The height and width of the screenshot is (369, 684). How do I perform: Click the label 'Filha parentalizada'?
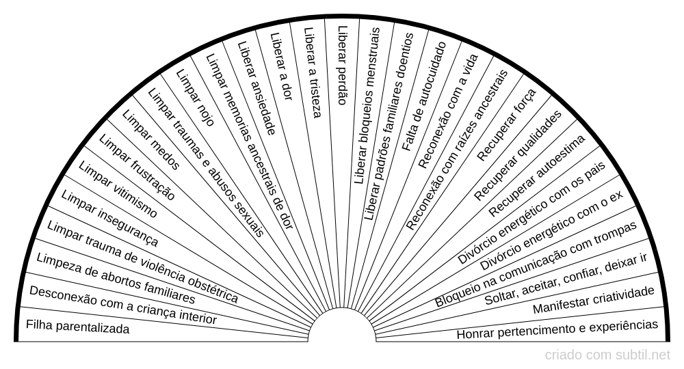[77, 328]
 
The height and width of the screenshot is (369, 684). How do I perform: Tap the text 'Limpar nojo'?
[195, 97]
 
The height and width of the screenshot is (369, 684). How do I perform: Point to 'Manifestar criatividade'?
[594, 301]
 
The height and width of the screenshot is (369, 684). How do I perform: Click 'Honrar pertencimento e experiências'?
[557, 329]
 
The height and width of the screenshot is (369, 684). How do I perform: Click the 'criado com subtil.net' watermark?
[607, 355]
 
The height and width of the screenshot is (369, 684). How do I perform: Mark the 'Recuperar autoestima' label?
[537, 175]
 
